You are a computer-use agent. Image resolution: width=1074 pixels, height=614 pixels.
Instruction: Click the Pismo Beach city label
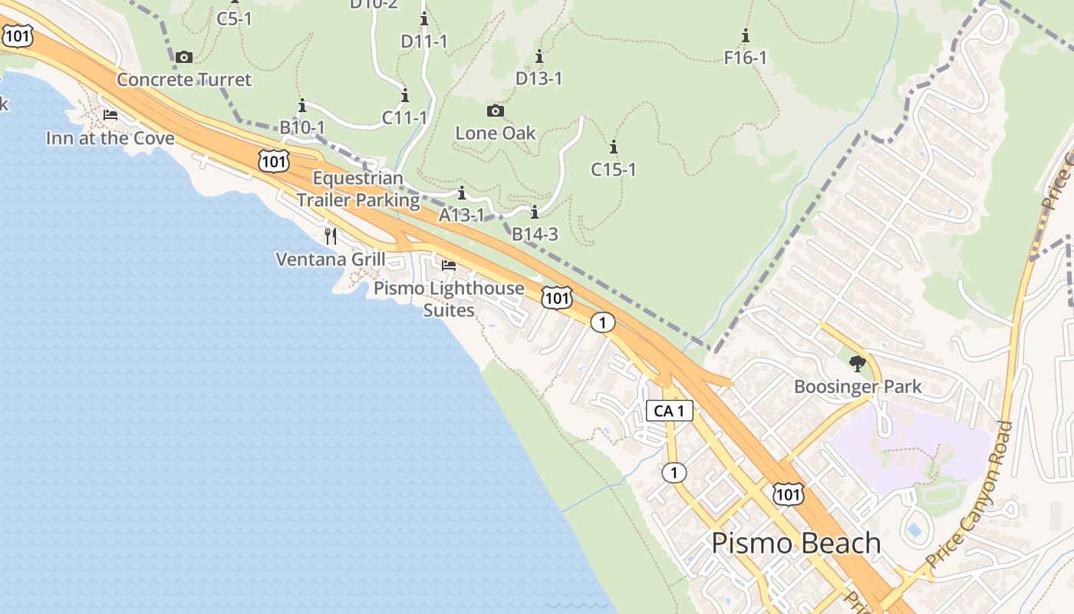click(796, 543)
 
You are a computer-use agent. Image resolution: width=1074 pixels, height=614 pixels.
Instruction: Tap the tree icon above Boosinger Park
click(857, 364)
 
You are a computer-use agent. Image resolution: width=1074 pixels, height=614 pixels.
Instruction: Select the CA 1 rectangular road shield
click(669, 411)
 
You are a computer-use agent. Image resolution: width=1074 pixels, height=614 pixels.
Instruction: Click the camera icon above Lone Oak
click(496, 111)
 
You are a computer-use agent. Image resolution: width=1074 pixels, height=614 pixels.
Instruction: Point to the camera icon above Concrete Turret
click(183, 58)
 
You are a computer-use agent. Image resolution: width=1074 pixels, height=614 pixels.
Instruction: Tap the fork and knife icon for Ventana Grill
click(331, 236)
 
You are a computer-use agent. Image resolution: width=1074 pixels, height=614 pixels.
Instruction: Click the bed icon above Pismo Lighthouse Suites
click(449, 266)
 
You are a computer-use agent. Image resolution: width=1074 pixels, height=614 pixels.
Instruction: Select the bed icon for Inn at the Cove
click(110, 116)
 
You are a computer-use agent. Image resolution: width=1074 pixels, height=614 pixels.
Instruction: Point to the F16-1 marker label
click(746, 58)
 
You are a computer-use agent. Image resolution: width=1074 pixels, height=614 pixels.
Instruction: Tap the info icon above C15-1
click(613, 147)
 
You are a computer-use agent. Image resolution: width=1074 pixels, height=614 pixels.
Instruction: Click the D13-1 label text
click(539, 78)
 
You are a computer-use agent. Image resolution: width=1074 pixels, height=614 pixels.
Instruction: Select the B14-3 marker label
click(535, 234)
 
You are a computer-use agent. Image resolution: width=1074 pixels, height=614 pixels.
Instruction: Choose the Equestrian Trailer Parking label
click(358, 190)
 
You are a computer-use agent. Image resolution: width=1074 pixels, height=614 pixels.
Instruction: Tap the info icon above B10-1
click(301, 105)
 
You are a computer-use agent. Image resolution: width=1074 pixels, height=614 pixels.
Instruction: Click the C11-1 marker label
click(404, 117)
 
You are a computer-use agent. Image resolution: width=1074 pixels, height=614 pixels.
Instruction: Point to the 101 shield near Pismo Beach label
click(788, 494)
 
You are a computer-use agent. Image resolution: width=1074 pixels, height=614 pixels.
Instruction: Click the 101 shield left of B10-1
click(273, 160)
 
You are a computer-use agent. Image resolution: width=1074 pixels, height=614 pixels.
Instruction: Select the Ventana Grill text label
click(330, 259)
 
